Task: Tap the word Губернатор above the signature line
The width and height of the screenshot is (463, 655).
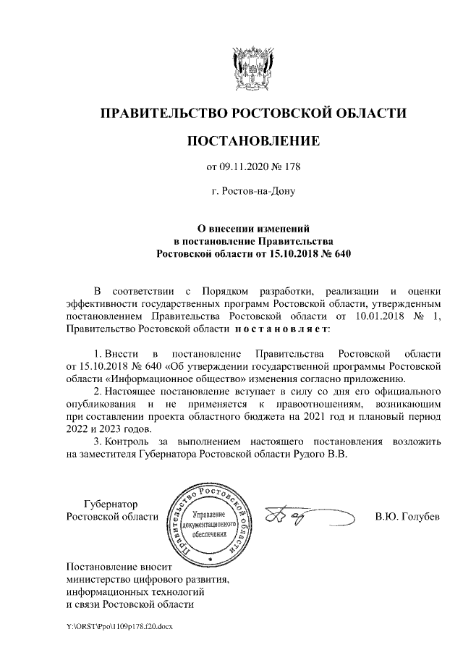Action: click(111, 504)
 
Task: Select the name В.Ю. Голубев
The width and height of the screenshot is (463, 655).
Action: click(407, 517)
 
